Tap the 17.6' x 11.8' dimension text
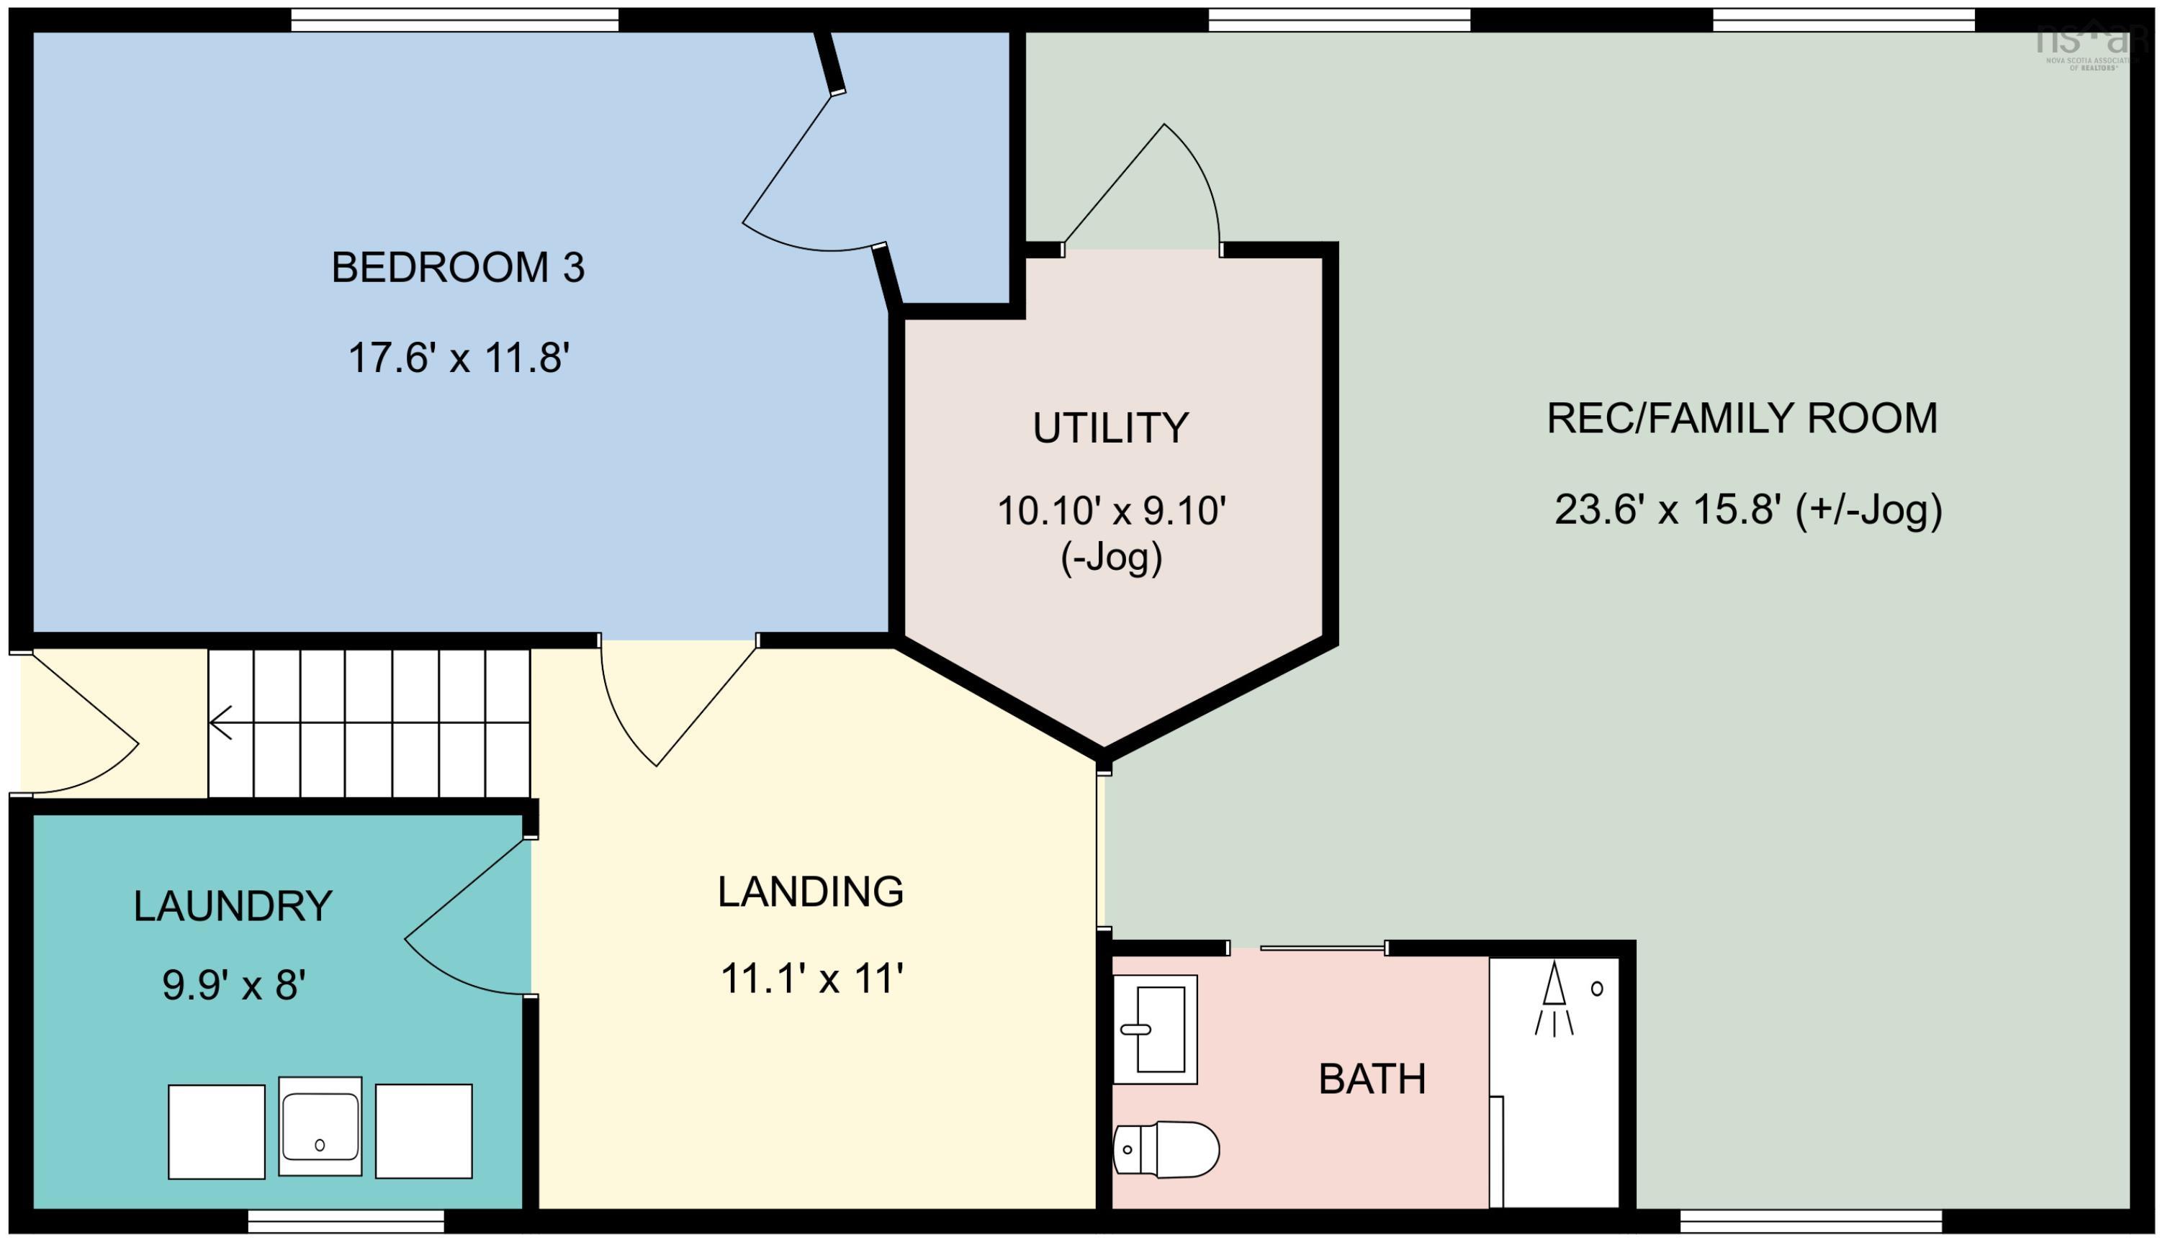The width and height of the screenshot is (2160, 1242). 459,358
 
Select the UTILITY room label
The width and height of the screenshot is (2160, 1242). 1110,428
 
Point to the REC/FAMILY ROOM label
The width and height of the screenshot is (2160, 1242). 1742,419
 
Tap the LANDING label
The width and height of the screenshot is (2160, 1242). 810,892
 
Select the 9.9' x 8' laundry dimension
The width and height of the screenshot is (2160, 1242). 234,986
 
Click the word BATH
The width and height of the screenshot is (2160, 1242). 1372,1080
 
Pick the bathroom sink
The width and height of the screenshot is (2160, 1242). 1156,1030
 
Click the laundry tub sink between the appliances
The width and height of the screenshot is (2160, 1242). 320,1127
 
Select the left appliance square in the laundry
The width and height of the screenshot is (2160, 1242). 216,1132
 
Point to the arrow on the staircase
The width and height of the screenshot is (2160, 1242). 222,722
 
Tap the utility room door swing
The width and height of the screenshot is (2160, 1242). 1152,192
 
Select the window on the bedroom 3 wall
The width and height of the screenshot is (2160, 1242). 454,19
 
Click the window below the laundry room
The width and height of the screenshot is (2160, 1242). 346,1223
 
